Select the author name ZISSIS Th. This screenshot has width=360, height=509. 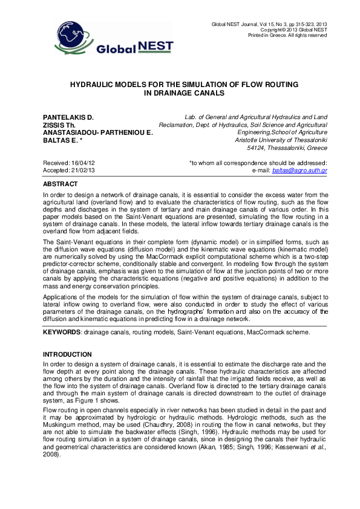point(59,125)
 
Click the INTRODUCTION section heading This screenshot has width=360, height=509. point(67,354)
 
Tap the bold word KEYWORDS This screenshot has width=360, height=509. point(62,332)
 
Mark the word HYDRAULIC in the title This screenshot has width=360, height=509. point(100,85)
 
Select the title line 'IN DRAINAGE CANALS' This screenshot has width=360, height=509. point(180,94)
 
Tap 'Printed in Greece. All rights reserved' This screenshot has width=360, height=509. point(288,36)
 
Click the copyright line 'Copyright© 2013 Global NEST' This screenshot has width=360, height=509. point(293,30)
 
